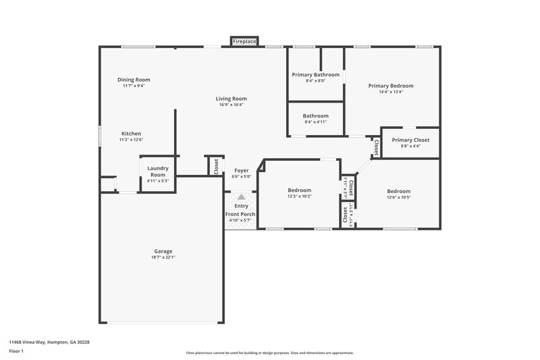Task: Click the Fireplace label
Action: click(x=244, y=42)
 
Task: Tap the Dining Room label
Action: click(x=133, y=80)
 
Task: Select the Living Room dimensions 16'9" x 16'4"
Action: click(x=232, y=105)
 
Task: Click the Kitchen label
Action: click(x=131, y=133)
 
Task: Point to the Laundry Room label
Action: click(x=158, y=171)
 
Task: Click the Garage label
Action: click(x=163, y=251)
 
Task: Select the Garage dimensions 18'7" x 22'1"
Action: click(x=163, y=257)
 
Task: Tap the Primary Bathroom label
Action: click(x=315, y=74)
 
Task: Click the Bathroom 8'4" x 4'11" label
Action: click(x=315, y=115)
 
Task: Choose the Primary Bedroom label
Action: click(x=390, y=86)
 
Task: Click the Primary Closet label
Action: click(x=410, y=140)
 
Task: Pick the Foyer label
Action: click(x=241, y=171)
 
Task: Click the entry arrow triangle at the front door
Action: click(x=241, y=196)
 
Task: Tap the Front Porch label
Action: click(x=241, y=213)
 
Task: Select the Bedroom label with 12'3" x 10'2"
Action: click(x=299, y=190)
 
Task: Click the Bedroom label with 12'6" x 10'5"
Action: click(x=398, y=191)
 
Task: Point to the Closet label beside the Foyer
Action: click(x=215, y=166)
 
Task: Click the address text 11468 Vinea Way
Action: click(x=49, y=342)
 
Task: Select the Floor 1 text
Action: click(x=17, y=352)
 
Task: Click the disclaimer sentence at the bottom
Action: click(x=269, y=353)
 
